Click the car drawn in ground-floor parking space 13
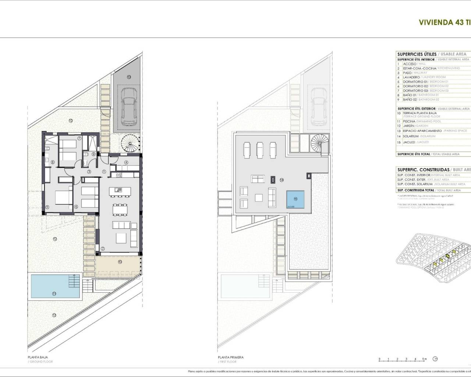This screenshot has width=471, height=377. (128, 107)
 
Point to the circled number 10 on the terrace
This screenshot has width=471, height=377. (120, 262)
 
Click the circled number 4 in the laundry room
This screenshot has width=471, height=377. (126, 162)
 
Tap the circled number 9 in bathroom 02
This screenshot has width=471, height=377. (93, 154)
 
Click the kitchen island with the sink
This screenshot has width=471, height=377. (118, 190)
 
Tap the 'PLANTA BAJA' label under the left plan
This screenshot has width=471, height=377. (38, 357)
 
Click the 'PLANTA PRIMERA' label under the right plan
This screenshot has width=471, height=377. (230, 357)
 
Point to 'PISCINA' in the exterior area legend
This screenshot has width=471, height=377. (409, 121)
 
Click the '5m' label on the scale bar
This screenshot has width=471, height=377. (424, 359)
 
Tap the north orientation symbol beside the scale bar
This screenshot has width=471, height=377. (436, 359)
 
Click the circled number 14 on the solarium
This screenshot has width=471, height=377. (281, 180)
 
